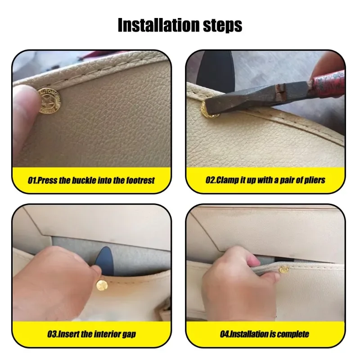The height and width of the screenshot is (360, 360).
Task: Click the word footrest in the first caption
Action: (137, 180)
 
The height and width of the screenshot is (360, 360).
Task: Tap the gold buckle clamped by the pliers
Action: (210, 109)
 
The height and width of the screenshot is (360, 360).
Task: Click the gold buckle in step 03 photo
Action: (101, 285)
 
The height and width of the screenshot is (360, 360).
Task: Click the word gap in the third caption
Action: (129, 334)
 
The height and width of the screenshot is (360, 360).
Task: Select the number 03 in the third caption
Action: (52, 334)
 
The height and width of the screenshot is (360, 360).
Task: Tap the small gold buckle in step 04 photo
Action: (284, 270)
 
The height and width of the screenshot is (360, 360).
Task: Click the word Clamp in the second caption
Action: (229, 180)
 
